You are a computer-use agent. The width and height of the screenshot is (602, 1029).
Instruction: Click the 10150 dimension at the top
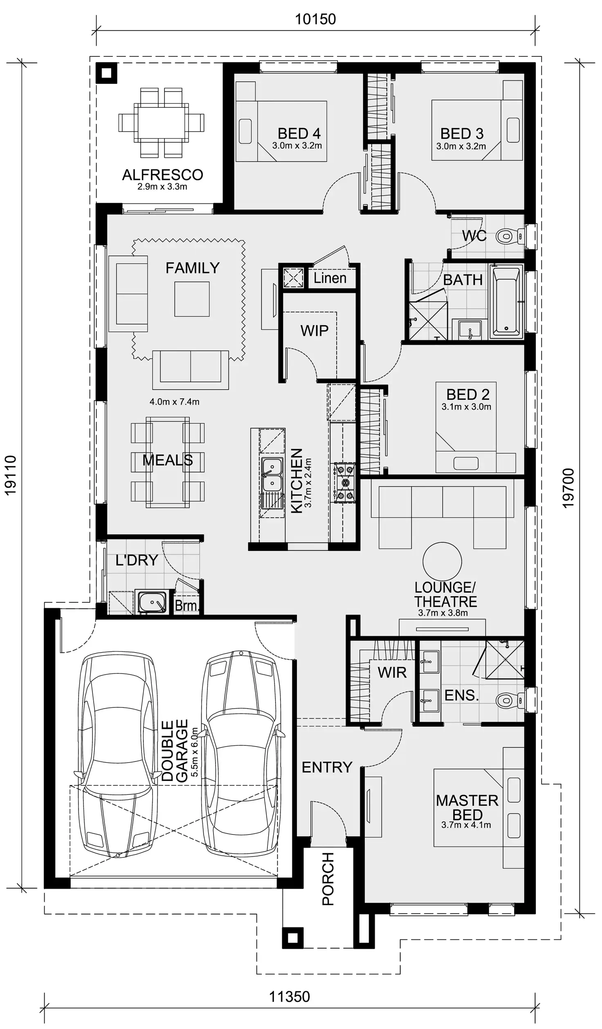[315, 19]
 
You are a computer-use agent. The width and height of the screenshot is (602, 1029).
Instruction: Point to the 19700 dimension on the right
[569, 488]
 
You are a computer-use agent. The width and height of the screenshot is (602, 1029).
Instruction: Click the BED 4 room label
[299, 134]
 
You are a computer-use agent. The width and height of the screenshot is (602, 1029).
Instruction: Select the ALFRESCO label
[162, 175]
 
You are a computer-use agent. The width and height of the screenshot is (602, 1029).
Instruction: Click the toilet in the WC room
[509, 236]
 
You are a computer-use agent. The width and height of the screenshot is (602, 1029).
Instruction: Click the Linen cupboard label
[330, 278]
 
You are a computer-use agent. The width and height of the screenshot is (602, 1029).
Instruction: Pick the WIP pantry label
[314, 331]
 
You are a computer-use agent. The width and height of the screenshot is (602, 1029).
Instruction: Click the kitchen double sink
[272, 474]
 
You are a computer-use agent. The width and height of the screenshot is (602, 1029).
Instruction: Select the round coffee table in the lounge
[442, 561]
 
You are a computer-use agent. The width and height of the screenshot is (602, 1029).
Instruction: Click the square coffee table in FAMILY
[192, 299]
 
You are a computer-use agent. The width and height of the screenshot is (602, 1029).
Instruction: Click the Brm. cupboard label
[186, 605]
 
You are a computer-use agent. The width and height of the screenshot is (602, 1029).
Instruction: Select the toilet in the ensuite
[509, 700]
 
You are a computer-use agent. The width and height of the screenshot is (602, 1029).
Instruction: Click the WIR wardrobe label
[392, 672]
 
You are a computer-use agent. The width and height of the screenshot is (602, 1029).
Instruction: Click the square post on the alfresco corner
[106, 73]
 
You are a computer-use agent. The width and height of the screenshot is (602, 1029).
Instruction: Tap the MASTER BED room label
[467, 808]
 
